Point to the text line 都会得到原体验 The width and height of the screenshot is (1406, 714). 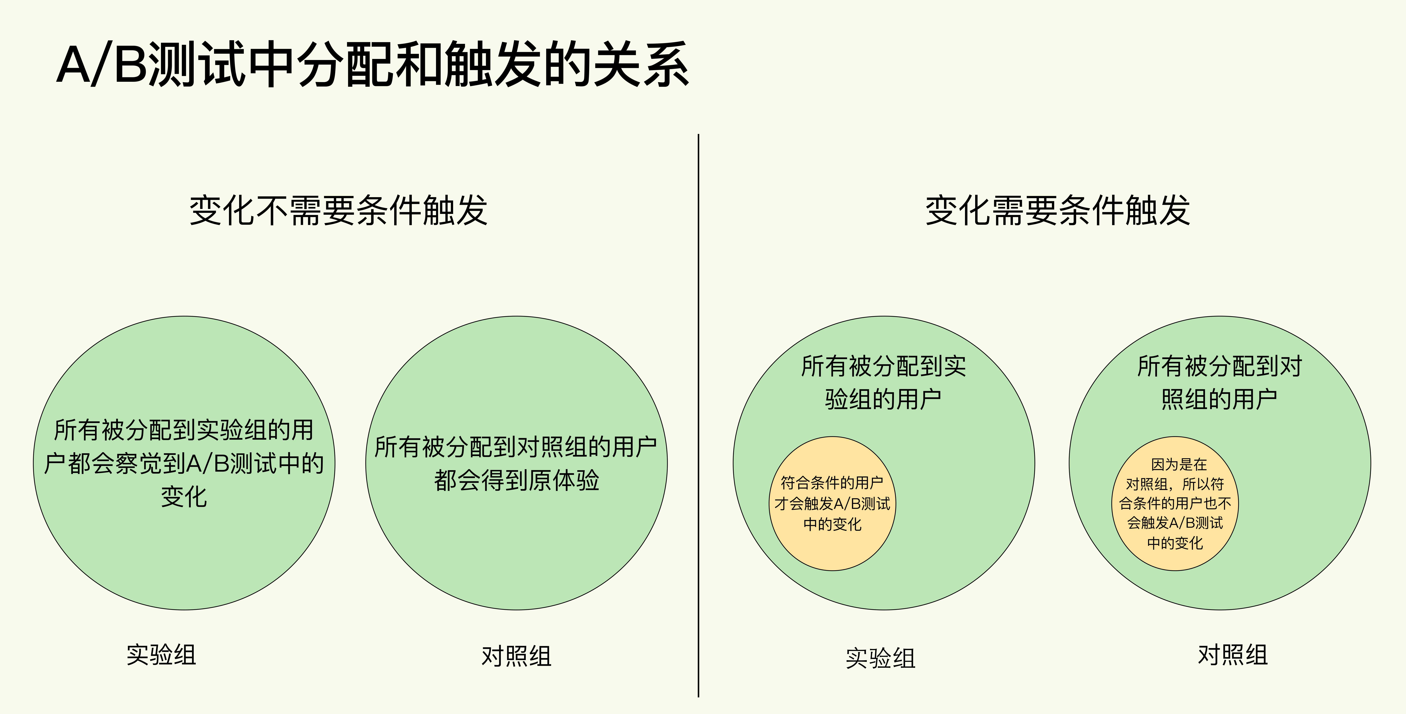click(516, 480)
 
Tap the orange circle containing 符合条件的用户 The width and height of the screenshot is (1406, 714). click(832, 503)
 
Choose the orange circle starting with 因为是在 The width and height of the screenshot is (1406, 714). click(1175, 503)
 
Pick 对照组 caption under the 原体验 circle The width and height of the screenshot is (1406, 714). click(516, 656)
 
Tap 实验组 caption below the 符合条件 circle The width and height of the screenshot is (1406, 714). click(880, 658)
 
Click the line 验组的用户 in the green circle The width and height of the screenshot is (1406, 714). click(883, 399)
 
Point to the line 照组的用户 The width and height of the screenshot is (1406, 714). click(1219, 399)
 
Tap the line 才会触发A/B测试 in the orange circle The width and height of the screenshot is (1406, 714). click(832, 503)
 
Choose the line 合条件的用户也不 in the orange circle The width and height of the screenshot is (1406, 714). click(1175, 503)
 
